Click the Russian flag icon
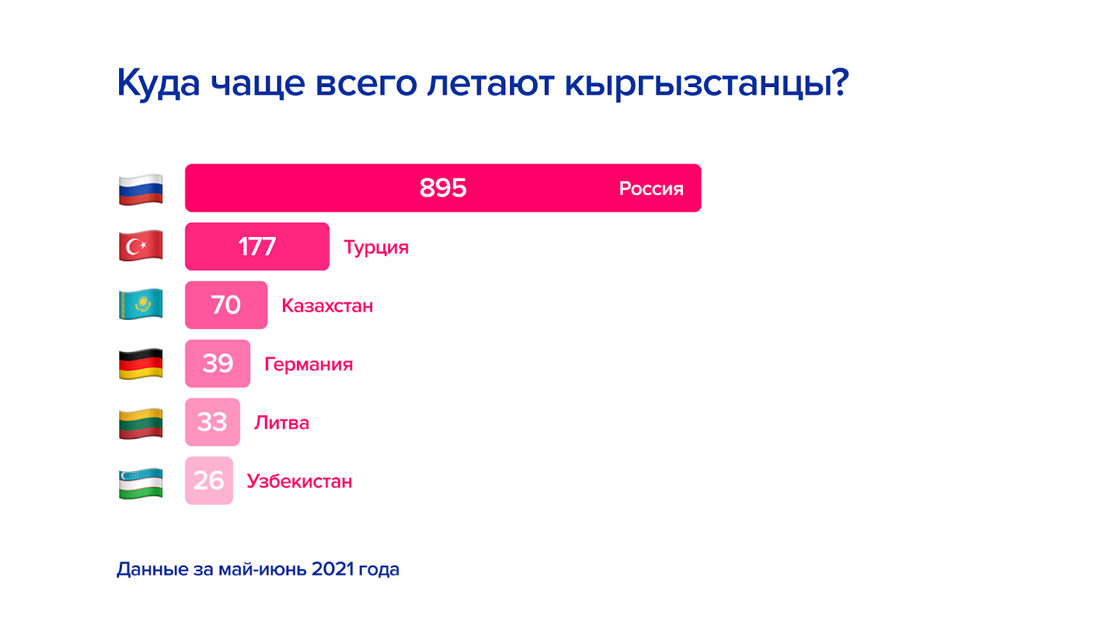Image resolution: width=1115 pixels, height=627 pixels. tap(141, 189)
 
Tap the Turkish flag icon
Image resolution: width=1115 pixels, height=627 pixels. tap(141, 245)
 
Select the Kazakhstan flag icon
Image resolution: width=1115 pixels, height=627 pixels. tap(141, 304)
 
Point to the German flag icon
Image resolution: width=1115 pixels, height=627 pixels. tap(141, 363)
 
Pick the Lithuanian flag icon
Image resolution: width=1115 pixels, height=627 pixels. tap(141, 424)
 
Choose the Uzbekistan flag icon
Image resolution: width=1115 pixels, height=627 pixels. tap(141, 483)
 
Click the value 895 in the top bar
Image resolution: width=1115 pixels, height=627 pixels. tap(443, 188)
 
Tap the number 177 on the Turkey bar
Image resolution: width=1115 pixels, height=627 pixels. tap(257, 247)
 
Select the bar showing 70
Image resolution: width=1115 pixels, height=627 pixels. tap(226, 305)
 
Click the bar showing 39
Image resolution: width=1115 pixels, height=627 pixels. tap(217, 364)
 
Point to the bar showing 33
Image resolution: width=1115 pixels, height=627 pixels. tap(213, 422)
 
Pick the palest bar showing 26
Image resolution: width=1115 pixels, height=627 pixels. tap(209, 481)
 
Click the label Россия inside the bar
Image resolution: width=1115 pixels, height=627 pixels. tap(651, 189)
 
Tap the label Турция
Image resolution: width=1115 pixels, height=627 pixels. tap(376, 247)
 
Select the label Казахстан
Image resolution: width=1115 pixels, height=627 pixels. tap(328, 306)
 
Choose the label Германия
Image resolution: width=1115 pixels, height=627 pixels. tap(309, 364)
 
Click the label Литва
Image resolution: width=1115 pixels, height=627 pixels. tap(282, 423)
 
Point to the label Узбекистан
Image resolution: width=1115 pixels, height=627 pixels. tap(300, 481)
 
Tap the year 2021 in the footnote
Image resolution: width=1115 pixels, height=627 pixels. tap(332, 568)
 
